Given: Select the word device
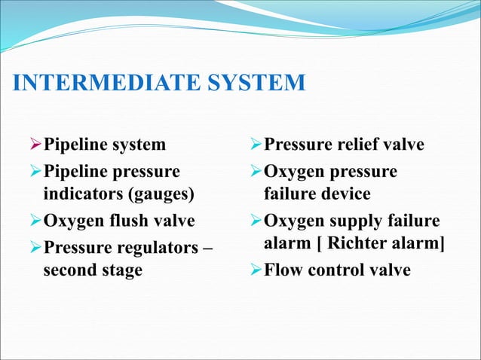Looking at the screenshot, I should tap(343, 194).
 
